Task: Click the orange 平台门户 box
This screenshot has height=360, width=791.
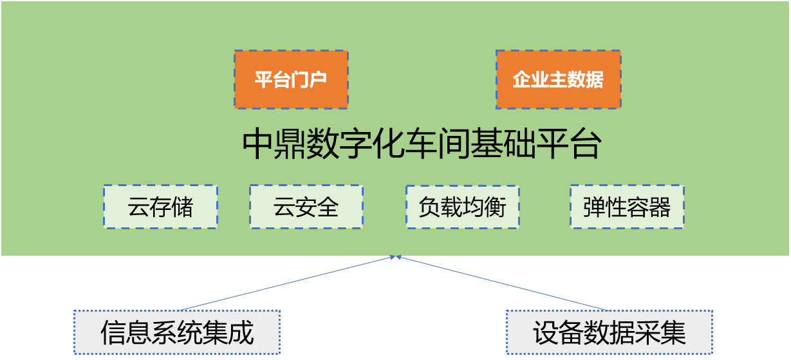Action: pos(291,79)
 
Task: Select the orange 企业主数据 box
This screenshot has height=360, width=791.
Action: pos(558,79)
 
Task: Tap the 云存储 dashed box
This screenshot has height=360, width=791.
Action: pos(160,207)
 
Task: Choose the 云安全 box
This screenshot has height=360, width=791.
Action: pos(306,207)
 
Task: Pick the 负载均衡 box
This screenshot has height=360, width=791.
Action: pos(462,207)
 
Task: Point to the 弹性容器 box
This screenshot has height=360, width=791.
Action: pos(626,207)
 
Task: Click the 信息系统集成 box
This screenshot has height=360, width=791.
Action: pos(176,332)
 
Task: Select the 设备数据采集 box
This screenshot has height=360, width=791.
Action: pos(609,332)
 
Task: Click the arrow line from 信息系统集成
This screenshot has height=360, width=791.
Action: pos(286,283)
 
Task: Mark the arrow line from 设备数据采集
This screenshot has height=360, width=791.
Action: pos(502,283)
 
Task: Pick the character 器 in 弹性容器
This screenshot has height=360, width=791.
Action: pos(660,207)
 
